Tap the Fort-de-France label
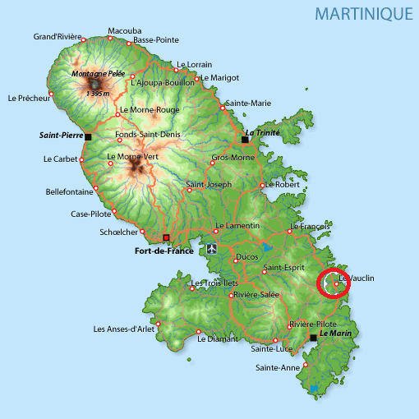click(x=163, y=251)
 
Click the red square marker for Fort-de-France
click(x=166, y=237)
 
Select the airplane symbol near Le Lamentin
click(x=213, y=247)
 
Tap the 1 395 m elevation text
click(x=98, y=94)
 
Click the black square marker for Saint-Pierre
click(x=88, y=136)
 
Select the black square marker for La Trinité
click(x=244, y=140)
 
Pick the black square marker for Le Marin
click(x=313, y=337)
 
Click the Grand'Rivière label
click(x=58, y=36)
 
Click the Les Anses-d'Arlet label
click(x=123, y=329)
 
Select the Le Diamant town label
click(x=218, y=338)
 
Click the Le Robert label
click(x=283, y=185)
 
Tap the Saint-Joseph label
click(x=207, y=184)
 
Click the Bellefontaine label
click(x=70, y=192)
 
